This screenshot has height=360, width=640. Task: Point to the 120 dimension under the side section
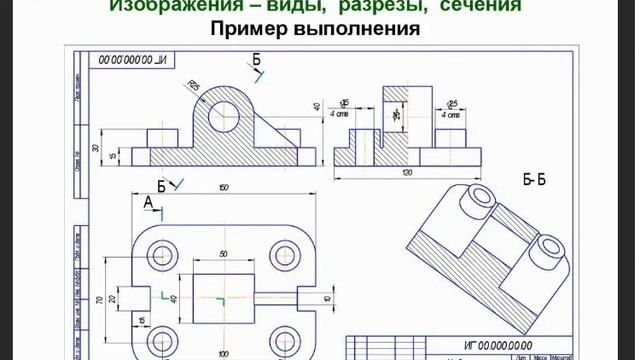tap(407, 173)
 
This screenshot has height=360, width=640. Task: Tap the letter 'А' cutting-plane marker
tap(148, 202)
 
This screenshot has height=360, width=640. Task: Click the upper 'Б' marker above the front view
tap(256, 61)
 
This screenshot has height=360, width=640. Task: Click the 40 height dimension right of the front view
tap(317, 105)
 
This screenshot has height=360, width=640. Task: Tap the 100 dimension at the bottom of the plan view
tap(222, 353)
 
